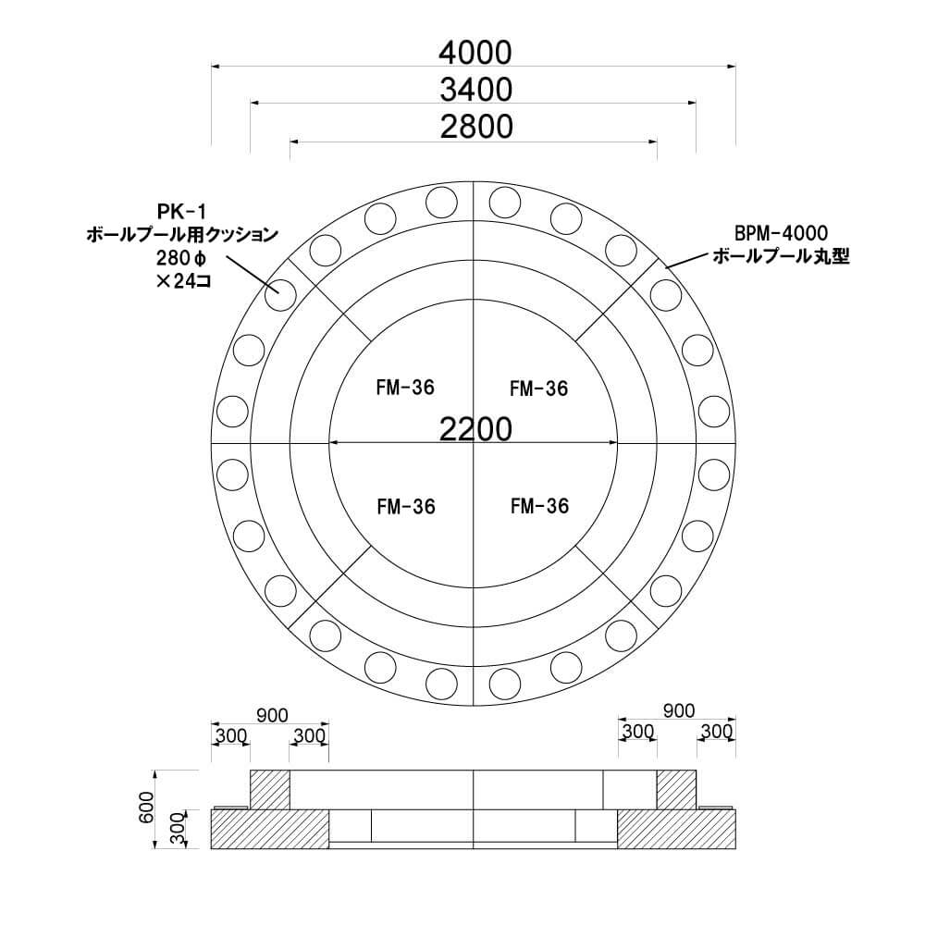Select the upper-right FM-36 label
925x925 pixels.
538,388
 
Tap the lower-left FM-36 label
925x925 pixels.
405,506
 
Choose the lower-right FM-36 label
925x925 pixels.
538,506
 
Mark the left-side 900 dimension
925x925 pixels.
271,713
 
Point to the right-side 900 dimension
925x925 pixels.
678,710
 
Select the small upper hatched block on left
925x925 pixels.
270,788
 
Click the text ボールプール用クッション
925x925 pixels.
181,236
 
